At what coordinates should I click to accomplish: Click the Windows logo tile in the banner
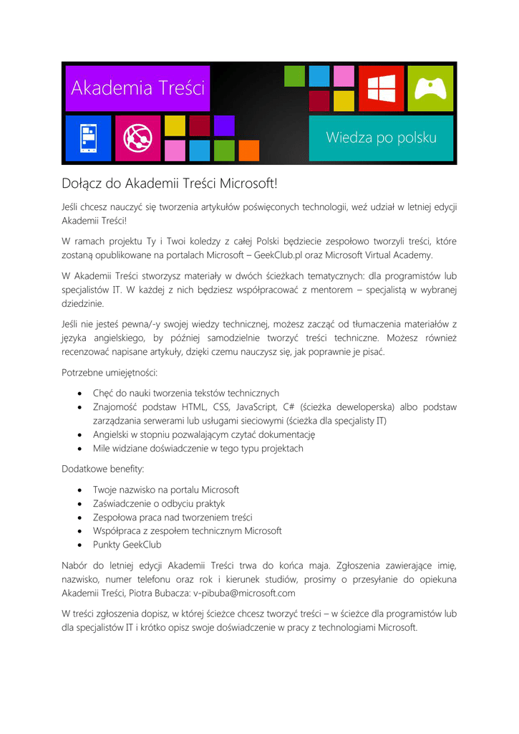point(381,89)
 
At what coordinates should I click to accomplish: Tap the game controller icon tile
point(430,89)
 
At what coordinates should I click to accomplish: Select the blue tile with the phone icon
point(88,138)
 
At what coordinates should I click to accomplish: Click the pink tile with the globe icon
point(137,138)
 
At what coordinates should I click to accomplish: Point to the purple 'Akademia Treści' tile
point(137,88)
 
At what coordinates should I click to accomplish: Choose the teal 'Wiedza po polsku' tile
point(381,138)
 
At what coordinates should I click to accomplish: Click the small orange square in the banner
point(248,151)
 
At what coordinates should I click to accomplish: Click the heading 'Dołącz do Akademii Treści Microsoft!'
point(169,184)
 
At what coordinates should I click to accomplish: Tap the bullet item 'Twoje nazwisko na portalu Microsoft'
point(166,490)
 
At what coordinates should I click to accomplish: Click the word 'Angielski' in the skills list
point(113,434)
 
